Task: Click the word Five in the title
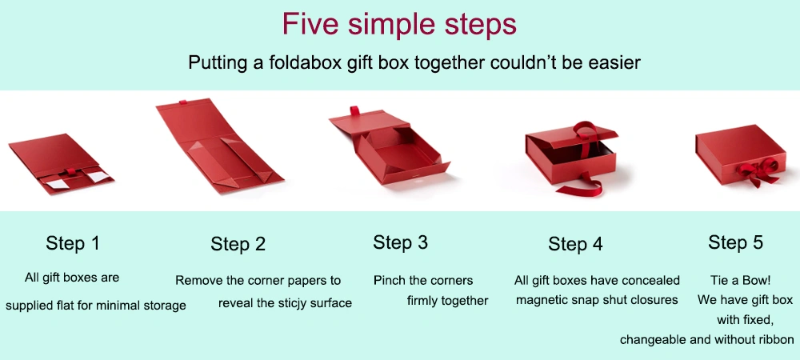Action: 310,24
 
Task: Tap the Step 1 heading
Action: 73,243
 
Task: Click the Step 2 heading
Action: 238,244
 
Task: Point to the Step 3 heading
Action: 401,242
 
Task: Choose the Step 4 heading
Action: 575,244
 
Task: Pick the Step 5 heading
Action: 735,242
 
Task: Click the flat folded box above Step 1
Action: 62,164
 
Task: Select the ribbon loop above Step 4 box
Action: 586,131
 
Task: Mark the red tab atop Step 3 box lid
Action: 354,111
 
